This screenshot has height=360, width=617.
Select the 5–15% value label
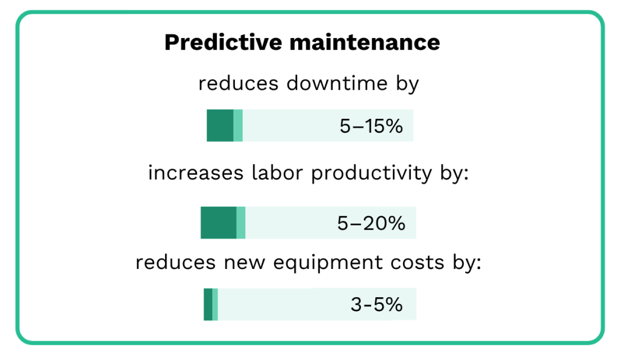(371, 126)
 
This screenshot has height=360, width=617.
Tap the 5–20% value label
(371, 223)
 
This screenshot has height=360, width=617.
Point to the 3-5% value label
(377, 305)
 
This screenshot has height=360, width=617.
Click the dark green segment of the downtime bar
(220, 125)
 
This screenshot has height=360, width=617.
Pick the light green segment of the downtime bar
(238, 125)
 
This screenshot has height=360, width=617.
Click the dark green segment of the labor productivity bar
(218, 223)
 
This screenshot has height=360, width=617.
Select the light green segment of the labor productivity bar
(241, 223)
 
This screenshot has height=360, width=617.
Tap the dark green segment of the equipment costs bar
(208, 305)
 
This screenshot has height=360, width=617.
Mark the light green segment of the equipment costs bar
(215, 305)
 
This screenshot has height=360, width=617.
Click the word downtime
(333, 84)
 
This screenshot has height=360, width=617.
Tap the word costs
(418, 264)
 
